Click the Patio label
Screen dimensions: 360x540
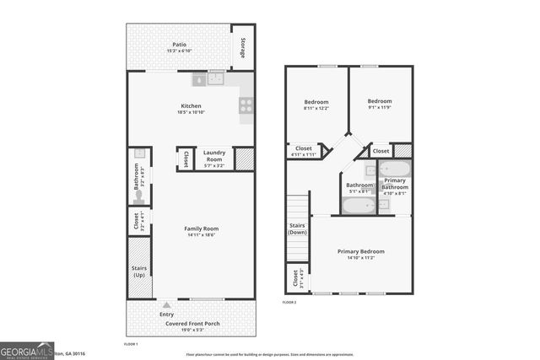tap(179, 46)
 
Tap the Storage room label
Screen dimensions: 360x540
tap(243, 48)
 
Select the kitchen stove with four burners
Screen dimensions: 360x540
tap(246, 105)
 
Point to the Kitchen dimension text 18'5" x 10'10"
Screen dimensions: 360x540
tap(191, 112)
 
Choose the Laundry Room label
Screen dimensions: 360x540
tap(213, 156)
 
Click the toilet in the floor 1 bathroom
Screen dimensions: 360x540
tap(140, 196)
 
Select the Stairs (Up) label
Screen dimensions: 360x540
tap(140, 271)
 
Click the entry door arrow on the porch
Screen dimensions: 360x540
tap(166, 304)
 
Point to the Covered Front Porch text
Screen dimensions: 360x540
tap(190, 323)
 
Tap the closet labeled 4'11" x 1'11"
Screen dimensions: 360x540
tap(303, 151)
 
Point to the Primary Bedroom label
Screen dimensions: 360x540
tap(361, 251)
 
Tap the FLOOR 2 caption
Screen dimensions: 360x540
tap(290, 302)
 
